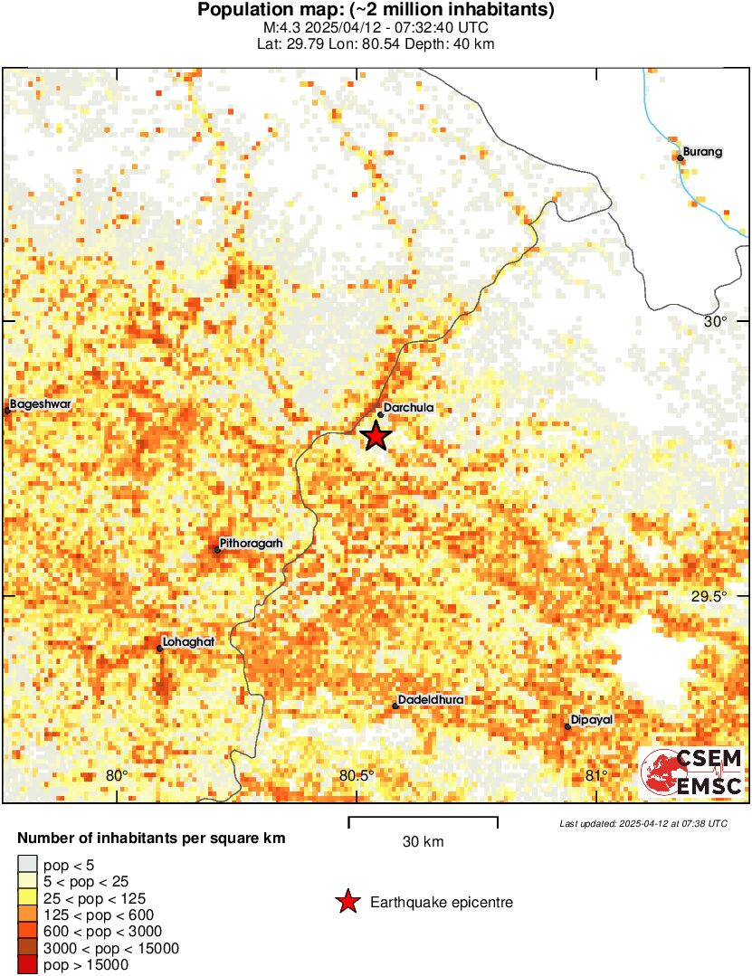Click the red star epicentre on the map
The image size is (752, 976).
coord(376,436)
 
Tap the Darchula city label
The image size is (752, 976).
coord(408,408)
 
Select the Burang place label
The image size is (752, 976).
coord(702,152)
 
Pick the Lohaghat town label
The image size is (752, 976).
coord(189,641)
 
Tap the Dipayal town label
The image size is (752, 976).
coord(592,720)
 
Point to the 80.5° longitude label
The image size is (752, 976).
coord(357,775)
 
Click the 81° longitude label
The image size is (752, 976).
coord(595,775)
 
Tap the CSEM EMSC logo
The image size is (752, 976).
coord(692,773)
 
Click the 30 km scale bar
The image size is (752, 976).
coord(423,821)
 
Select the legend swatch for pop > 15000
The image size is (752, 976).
coord(27,965)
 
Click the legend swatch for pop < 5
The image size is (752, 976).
coord(27,866)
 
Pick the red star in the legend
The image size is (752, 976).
coord(347,902)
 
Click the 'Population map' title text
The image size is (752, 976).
coord(376,10)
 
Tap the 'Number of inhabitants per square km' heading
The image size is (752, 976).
coord(151,839)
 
